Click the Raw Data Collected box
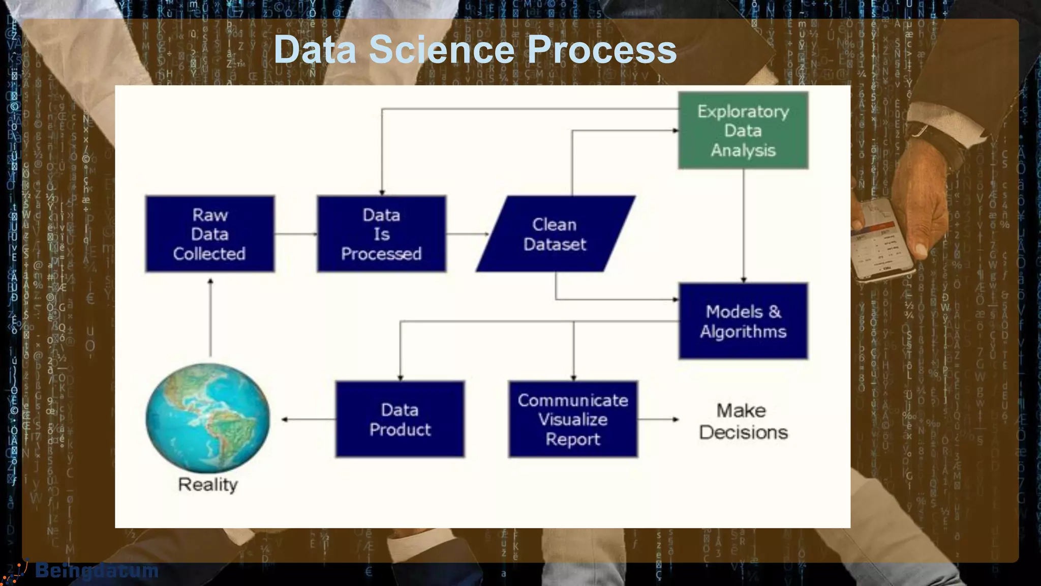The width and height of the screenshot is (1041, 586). pyautogui.click(x=209, y=234)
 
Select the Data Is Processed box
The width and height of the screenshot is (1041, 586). pyautogui.click(x=381, y=234)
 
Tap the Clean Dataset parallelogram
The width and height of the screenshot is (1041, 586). pyautogui.click(x=555, y=234)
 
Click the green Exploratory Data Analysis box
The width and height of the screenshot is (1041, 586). pyautogui.click(x=743, y=131)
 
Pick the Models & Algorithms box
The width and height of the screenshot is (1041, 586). pyautogui.click(x=743, y=321)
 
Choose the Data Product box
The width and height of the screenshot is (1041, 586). pyautogui.click(x=400, y=419)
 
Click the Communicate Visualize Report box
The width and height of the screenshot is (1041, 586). pyautogui.click(x=573, y=419)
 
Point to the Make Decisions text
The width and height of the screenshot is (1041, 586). pyautogui.click(x=743, y=421)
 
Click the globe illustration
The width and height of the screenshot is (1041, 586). pyautogui.click(x=207, y=417)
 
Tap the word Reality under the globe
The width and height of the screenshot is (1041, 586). pyautogui.click(x=207, y=484)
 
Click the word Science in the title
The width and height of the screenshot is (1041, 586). pyautogui.click(x=441, y=49)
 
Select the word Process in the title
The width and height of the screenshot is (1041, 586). pyautogui.click(x=602, y=49)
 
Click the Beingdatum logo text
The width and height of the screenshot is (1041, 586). pyautogui.click(x=97, y=571)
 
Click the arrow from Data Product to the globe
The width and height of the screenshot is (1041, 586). pyautogui.click(x=308, y=419)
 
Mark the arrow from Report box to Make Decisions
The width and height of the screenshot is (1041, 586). pyautogui.click(x=658, y=419)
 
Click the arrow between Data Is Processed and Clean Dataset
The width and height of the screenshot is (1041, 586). pyautogui.click(x=467, y=234)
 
